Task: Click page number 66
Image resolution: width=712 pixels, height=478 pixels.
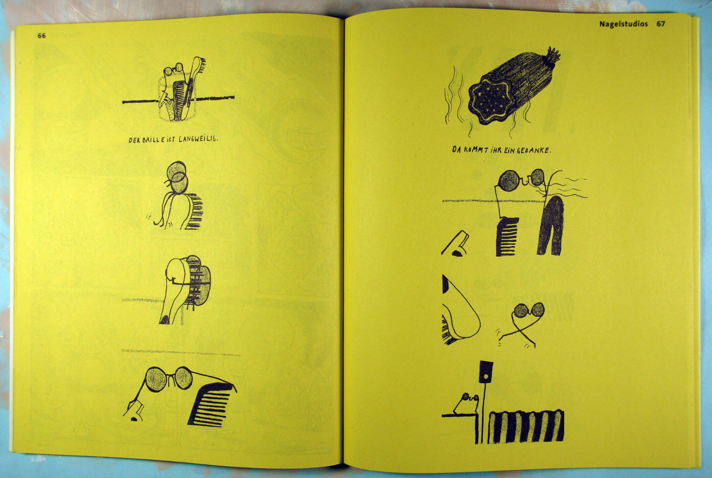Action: coord(42,36)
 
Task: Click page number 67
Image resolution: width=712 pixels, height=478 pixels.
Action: coord(660,24)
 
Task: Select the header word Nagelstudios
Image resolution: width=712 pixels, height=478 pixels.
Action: coord(623,24)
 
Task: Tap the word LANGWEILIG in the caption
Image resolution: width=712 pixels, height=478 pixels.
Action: coord(198,139)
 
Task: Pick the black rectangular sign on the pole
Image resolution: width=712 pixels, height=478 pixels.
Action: coord(486,371)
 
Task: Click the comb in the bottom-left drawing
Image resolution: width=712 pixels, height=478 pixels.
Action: coord(210,404)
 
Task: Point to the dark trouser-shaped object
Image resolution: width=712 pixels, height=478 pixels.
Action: coord(551,226)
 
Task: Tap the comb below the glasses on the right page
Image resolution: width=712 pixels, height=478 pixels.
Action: coord(507,237)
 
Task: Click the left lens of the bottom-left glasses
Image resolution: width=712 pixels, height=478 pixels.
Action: coord(157,379)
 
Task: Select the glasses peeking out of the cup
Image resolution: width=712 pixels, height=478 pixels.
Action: coord(173,69)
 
